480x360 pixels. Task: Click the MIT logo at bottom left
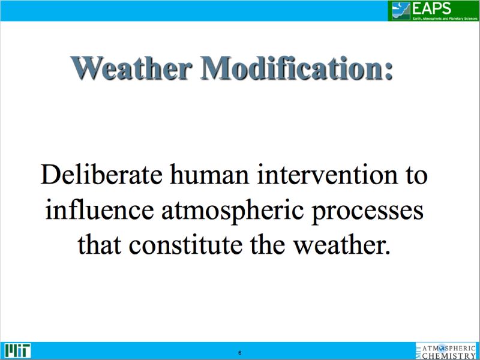coord(17,350)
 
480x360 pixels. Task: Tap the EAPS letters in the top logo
coord(430,8)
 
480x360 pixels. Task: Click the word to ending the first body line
coord(415,176)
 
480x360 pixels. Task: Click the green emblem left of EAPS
coord(400,10)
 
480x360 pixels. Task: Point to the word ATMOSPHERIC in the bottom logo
coord(450,347)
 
